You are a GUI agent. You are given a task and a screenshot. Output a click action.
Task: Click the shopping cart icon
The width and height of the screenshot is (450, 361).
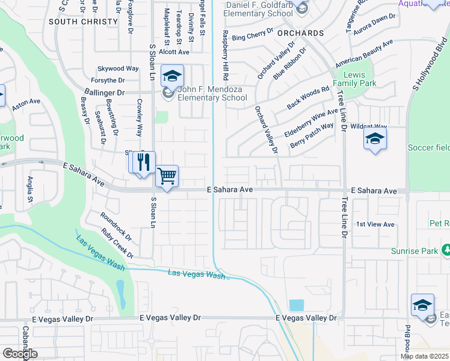(167, 176)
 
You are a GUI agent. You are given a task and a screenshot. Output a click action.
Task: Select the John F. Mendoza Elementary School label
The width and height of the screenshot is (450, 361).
(212, 93)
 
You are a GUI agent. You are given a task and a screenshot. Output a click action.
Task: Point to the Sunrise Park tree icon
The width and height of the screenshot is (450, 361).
(446, 250)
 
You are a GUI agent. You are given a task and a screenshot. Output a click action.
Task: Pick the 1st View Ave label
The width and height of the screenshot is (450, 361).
(375, 224)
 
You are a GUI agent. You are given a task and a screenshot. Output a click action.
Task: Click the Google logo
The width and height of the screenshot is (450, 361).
(20, 354)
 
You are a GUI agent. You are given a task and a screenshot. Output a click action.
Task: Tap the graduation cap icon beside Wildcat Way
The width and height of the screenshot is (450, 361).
(375, 139)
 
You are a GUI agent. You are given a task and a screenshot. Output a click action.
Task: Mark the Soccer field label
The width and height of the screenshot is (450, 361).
(428, 147)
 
